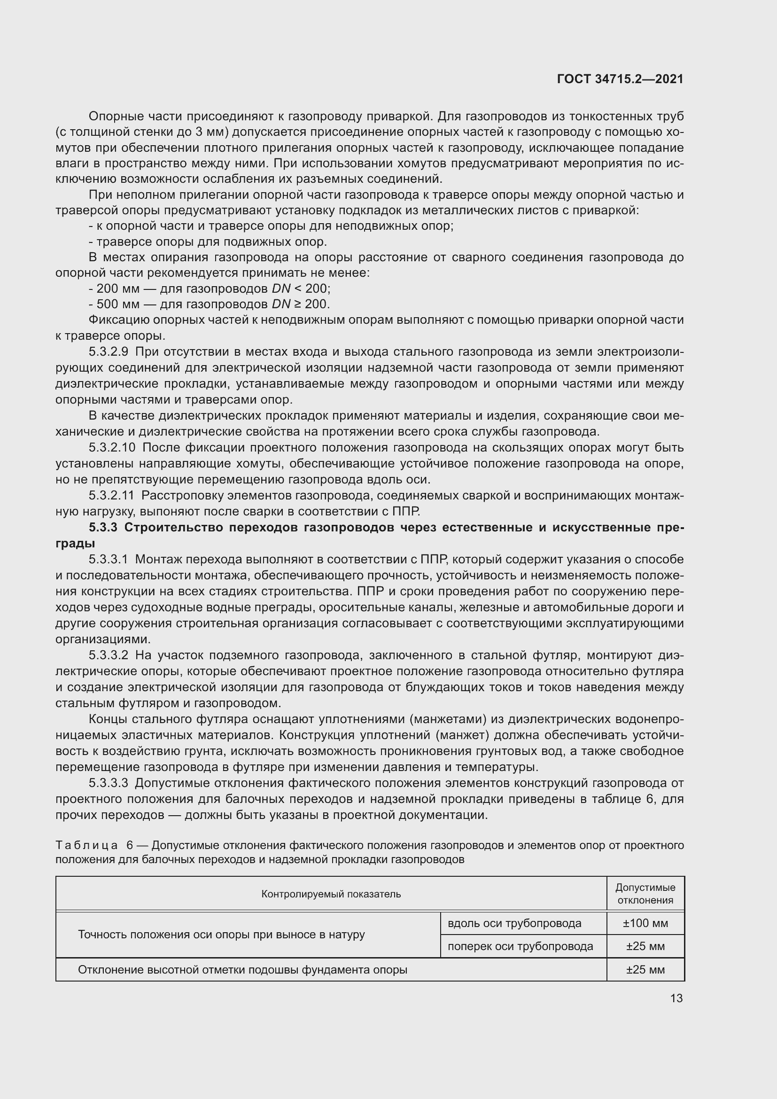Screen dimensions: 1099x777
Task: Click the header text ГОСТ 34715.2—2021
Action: [x=620, y=79]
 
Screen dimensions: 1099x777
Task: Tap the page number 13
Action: [x=676, y=998]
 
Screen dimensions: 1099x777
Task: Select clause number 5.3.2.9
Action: [x=108, y=352]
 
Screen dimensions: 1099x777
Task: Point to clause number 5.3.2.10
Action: [x=112, y=448]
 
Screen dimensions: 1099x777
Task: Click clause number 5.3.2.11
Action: [x=111, y=495]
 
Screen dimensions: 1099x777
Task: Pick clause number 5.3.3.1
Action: [x=108, y=559]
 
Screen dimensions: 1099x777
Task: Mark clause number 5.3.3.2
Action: [x=108, y=655]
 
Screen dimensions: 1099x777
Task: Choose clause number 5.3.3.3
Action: [x=108, y=783]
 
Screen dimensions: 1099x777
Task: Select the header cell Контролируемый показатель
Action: [x=331, y=894]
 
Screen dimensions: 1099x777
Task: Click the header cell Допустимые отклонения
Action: [x=645, y=894]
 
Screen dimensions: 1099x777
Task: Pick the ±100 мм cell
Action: [x=645, y=923]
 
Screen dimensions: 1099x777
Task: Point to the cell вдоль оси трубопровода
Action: [x=514, y=923]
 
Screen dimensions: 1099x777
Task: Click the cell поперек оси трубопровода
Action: [x=520, y=946]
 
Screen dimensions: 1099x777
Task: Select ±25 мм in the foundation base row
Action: [x=645, y=970]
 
